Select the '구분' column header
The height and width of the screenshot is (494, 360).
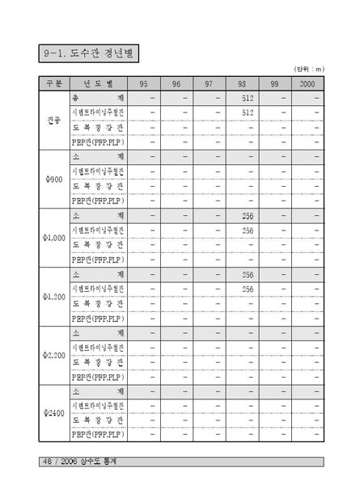coord(53,83)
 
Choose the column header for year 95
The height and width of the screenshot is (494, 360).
coord(143,83)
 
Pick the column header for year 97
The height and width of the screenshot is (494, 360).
coord(209,83)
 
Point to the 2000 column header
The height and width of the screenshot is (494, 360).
coord(307,83)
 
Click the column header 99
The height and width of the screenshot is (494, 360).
coord(274,83)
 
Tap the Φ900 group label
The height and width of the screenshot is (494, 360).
coord(53,179)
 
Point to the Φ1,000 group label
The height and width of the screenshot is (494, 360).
coord(53,238)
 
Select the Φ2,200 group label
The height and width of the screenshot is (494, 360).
coord(53,355)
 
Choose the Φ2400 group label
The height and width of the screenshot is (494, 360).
coord(53,414)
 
